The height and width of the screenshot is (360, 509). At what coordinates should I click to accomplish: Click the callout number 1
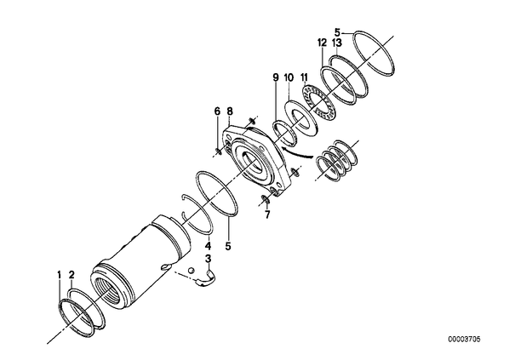[x=59, y=276]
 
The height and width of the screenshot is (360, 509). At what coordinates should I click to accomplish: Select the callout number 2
[x=71, y=275]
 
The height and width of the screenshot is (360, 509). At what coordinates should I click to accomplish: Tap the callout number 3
[x=208, y=259]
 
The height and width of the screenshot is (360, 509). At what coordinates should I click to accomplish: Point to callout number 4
[x=208, y=246]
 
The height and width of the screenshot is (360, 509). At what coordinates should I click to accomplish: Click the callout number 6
[x=217, y=111]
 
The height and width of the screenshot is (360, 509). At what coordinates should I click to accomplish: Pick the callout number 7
[x=267, y=214]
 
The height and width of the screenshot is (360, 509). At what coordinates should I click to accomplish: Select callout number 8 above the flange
[x=230, y=111]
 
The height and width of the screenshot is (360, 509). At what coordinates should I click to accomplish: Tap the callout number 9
[x=275, y=77]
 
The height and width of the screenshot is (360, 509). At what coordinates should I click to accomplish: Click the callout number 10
[x=289, y=77]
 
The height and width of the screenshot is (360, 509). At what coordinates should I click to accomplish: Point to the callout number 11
[x=304, y=77]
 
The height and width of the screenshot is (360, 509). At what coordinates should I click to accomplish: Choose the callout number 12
[x=322, y=43]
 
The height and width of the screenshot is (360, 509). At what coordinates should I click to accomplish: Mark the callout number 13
[x=337, y=43]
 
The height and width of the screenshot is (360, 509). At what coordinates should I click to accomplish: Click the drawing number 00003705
[x=464, y=340]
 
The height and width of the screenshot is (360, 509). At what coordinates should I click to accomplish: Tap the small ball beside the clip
[x=192, y=270]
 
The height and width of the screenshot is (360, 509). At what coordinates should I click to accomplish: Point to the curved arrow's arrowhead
[x=284, y=149]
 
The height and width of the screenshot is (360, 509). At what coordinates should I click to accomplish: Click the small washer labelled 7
[x=266, y=198]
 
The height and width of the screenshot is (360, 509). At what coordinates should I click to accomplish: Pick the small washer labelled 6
[x=218, y=151]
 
